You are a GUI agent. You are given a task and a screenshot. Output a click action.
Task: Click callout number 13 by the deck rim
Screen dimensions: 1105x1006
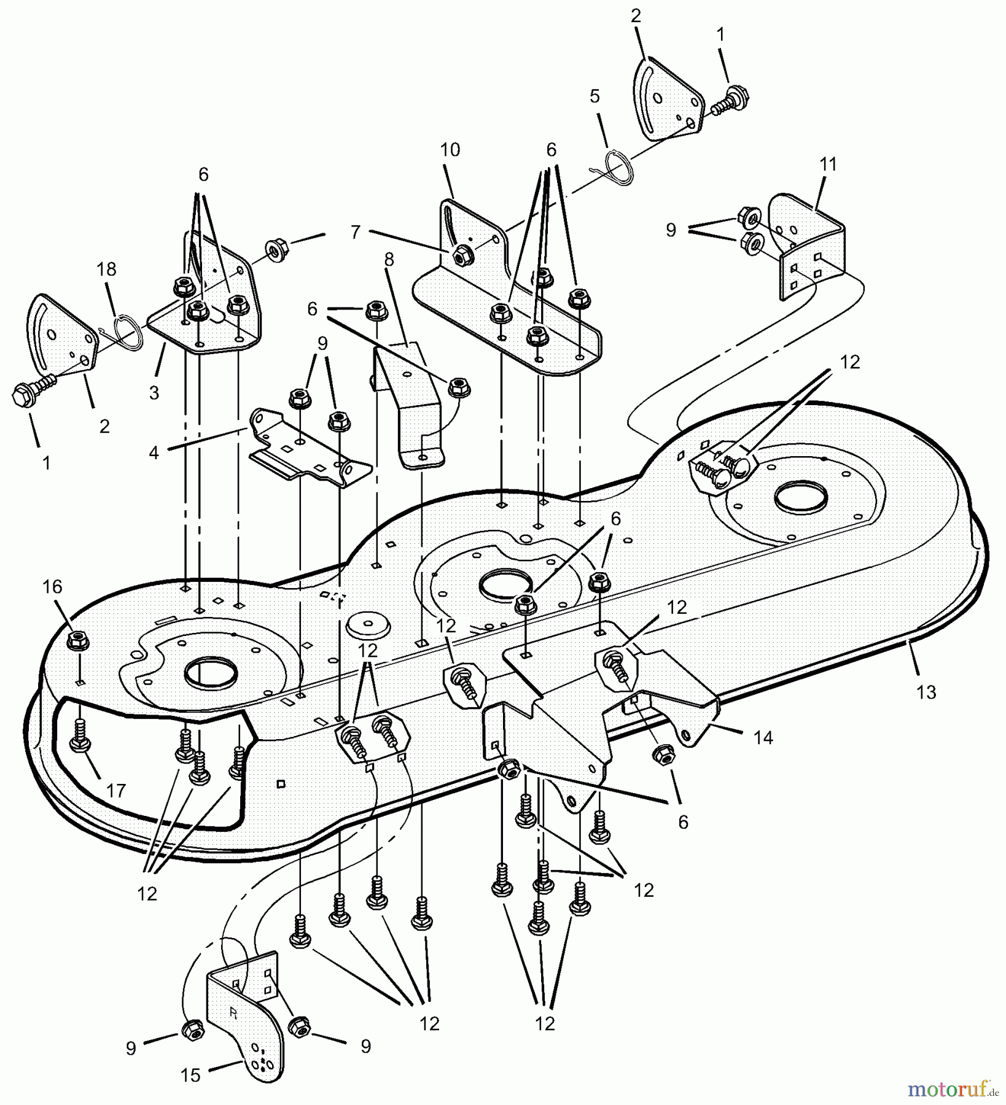[x=926, y=692]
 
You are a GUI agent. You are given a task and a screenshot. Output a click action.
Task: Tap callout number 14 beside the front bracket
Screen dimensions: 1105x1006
[x=763, y=737]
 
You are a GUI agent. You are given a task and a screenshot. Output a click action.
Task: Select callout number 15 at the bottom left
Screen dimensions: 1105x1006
[x=191, y=1075]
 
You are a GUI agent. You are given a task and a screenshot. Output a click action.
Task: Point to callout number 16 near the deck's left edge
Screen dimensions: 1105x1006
[x=53, y=587]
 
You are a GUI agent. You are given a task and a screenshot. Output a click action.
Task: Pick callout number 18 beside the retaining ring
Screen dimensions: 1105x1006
[x=106, y=269]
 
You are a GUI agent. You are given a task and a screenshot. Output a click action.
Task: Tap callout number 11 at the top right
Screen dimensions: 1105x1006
[x=828, y=165]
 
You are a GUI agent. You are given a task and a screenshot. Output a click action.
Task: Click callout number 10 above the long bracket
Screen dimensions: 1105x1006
[x=450, y=150]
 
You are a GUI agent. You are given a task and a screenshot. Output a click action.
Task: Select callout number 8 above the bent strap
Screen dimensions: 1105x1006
[x=389, y=259]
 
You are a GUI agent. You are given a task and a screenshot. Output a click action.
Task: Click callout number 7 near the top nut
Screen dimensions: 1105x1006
[x=355, y=232]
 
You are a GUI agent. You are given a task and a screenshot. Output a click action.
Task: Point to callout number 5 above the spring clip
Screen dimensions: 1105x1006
[x=594, y=96]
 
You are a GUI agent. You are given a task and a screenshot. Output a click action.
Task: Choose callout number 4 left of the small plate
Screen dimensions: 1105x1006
[x=154, y=452]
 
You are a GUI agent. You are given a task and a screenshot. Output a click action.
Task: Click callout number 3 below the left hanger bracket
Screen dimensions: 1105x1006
[x=154, y=392]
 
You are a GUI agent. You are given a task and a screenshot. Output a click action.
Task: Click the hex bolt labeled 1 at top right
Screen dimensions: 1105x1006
[x=731, y=100]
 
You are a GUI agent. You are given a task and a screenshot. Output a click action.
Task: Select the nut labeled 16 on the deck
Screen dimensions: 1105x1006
[x=77, y=642]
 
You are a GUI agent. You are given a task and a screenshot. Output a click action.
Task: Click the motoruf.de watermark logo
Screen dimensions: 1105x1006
[x=953, y=1090]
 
